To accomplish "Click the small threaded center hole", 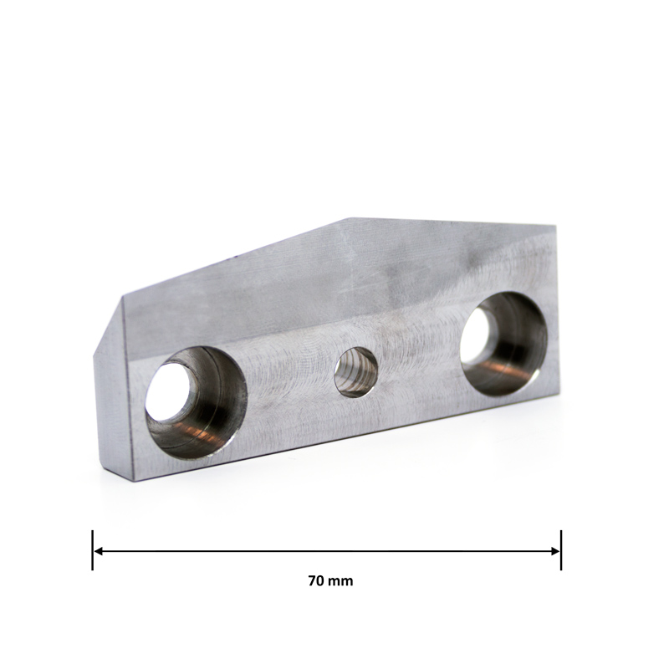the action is (356, 372).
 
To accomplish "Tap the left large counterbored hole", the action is (197, 403).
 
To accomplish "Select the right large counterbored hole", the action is (504, 344).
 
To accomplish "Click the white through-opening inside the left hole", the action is (168, 392).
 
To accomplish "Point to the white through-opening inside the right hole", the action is (475, 335).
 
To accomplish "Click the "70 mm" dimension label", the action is (330, 581).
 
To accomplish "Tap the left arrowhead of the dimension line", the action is (98, 551).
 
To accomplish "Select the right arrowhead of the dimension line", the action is (555, 551).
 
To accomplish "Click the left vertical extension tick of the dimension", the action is (92, 550).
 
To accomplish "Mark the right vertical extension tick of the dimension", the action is (561, 550).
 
